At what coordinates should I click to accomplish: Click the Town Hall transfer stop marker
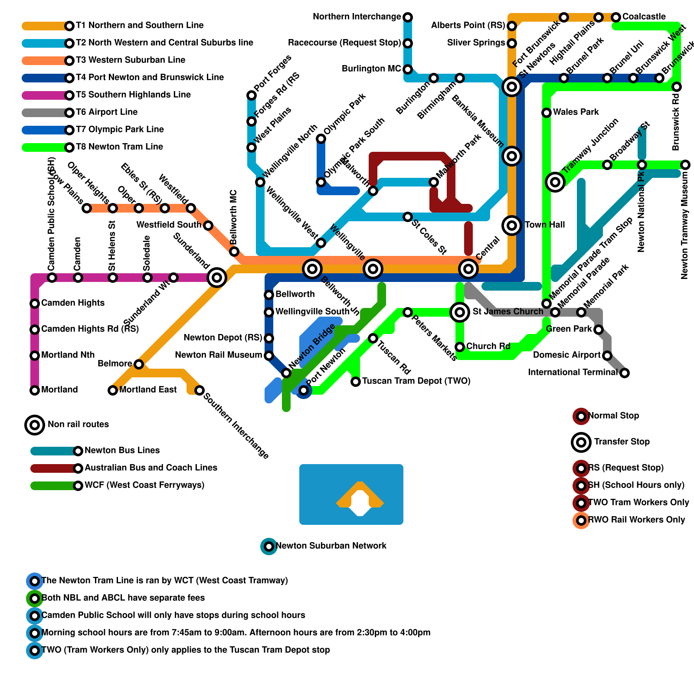pyautogui.click(x=512, y=226)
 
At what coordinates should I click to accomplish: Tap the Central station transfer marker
pyautogui.click(x=468, y=269)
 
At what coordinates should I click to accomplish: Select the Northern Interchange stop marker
pyautogui.click(x=408, y=17)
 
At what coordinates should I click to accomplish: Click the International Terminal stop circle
pyautogui.click(x=625, y=373)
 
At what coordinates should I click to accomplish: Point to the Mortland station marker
pyautogui.click(x=35, y=390)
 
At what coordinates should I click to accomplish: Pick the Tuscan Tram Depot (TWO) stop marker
pyautogui.click(x=356, y=382)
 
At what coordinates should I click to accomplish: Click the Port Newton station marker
pyautogui.click(x=304, y=390)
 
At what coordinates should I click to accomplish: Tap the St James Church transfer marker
pyautogui.click(x=460, y=312)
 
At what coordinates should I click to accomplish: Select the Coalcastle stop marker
pyautogui.click(x=616, y=17)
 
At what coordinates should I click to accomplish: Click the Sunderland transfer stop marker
pyautogui.click(x=217, y=278)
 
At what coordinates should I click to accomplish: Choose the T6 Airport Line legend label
pyautogui.click(x=107, y=112)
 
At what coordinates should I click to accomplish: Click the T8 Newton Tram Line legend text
pyautogui.click(x=119, y=147)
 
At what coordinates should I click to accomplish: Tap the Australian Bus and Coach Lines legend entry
pyautogui.click(x=151, y=468)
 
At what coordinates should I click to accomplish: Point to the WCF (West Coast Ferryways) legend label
pyautogui.click(x=144, y=485)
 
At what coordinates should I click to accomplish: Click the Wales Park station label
pyautogui.click(x=576, y=112)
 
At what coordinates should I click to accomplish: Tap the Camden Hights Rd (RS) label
pyautogui.click(x=90, y=329)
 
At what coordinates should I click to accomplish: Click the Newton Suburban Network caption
pyautogui.click(x=331, y=546)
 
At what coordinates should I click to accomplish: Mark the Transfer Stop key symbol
pyautogui.click(x=581, y=442)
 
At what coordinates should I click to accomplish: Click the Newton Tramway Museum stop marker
pyautogui.click(x=685, y=165)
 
